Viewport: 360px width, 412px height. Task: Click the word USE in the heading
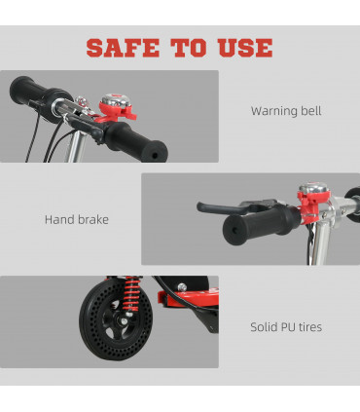[x=241, y=47]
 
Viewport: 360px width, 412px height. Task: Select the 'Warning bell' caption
[x=285, y=111]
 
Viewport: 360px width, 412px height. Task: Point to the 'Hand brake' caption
[x=76, y=219]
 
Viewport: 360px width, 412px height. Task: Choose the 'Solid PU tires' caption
[x=285, y=328]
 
